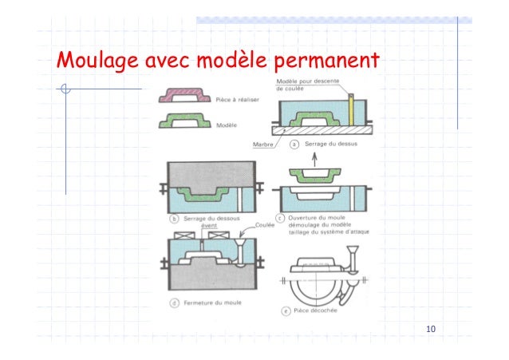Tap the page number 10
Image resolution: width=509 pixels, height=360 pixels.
(x=432, y=330)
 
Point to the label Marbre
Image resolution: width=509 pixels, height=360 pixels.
(x=263, y=145)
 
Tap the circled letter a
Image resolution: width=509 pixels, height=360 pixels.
(x=294, y=145)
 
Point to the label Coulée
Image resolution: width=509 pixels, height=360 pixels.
(x=266, y=226)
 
